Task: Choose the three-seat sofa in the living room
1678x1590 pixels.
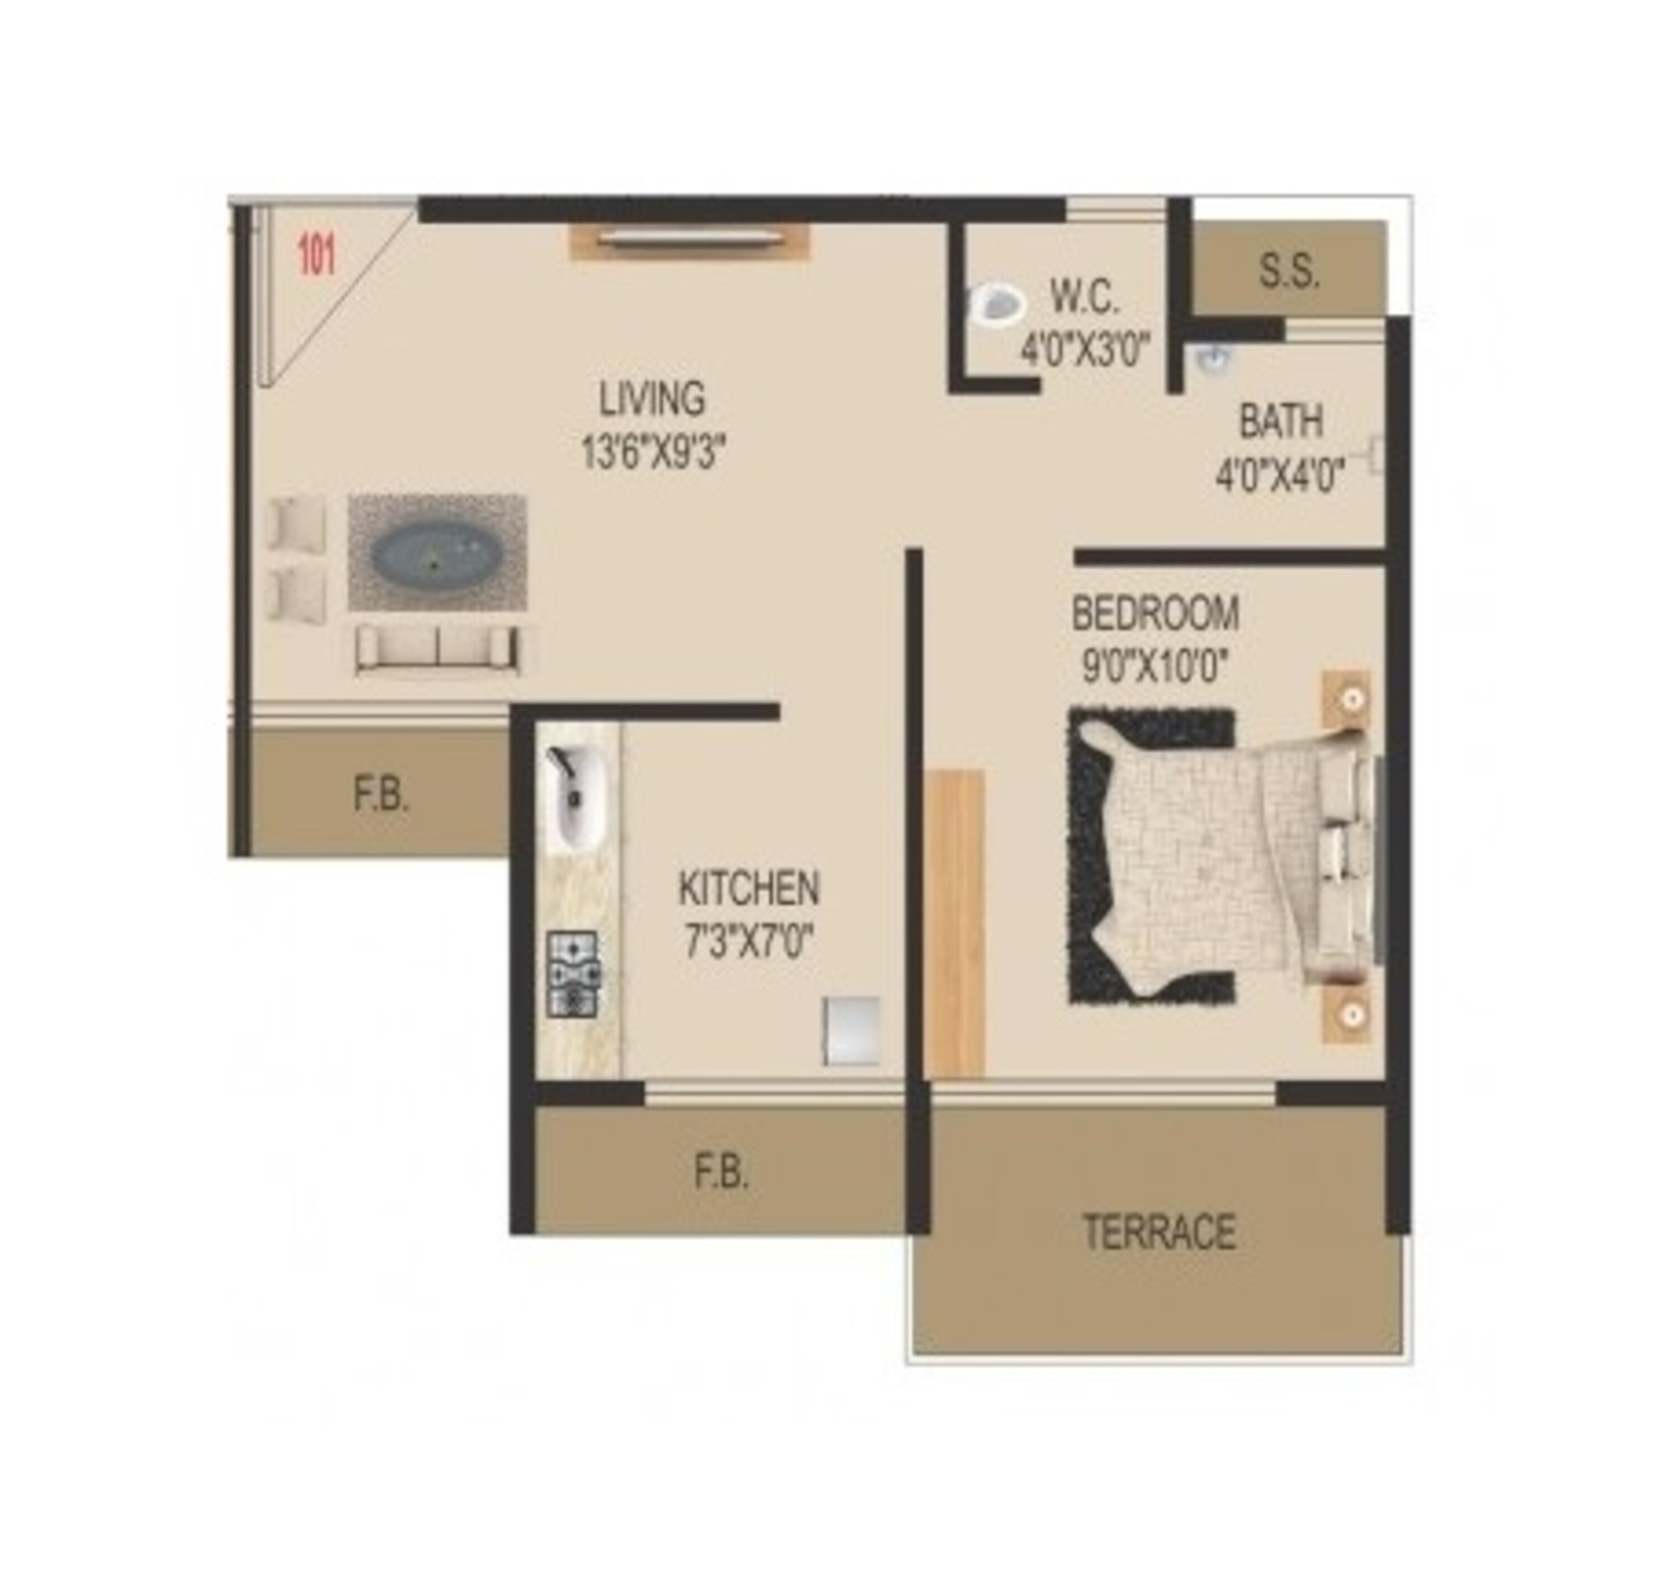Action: tap(437, 649)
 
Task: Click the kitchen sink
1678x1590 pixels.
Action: tap(576, 797)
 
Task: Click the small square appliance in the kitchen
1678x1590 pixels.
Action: tap(851, 1030)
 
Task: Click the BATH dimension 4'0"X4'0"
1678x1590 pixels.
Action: tap(1280, 475)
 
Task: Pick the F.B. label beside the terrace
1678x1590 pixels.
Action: tap(721, 1173)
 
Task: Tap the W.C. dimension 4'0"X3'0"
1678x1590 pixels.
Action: tap(1084, 348)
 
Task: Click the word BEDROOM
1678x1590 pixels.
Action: tap(1155, 613)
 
